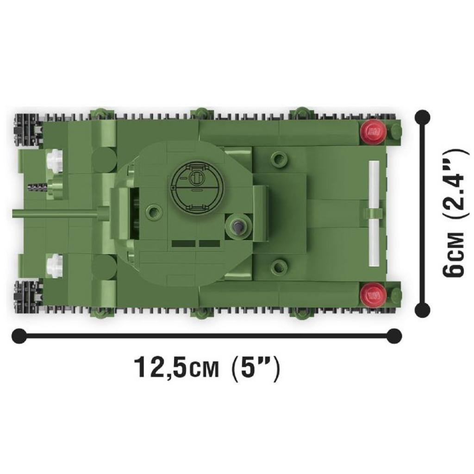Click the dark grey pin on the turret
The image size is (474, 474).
(238, 227)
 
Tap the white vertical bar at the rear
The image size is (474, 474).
(374, 214)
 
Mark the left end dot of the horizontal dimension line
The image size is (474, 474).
(19, 335)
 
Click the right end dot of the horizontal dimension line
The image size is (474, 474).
(394, 335)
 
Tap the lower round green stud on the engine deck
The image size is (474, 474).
(279, 266)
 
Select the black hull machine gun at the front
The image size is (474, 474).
(37, 186)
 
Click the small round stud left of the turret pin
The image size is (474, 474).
(152, 212)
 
